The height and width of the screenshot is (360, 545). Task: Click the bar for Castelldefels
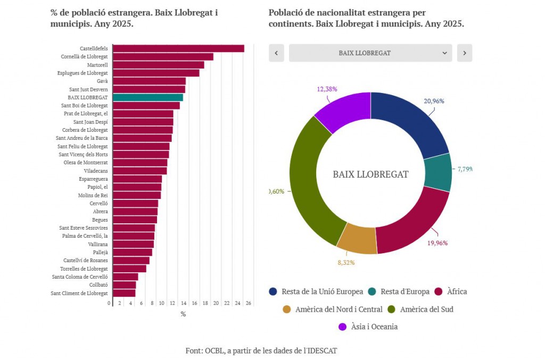[x=178, y=48]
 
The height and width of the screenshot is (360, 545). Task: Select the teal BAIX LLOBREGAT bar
[x=148, y=97]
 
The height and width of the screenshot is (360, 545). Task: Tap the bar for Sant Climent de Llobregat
[x=124, y=293]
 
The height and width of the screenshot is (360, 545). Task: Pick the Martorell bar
[x=158, y=65]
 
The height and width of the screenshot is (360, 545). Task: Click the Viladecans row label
[x=96, y=171]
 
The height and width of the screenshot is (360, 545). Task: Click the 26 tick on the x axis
[x=249, y=303]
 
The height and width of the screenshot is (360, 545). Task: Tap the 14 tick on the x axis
[x=184, y=303]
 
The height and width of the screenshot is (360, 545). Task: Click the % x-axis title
[x=183, y=314]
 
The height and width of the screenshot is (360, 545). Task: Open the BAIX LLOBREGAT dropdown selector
[x=370, y=53]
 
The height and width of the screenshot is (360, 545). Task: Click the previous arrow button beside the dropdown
[x=276, y=53]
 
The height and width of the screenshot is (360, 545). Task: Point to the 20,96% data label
[x=434, y=101]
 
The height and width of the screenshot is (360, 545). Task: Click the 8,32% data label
[x=345, y=262]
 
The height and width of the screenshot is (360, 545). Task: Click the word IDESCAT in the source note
[x=321, y=350]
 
